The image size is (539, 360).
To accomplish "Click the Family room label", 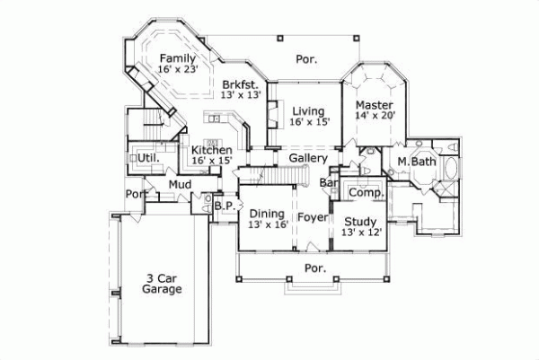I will [x=177, y=57].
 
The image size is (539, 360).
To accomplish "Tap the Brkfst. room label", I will [x=241, y=83].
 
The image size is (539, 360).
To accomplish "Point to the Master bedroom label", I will [x=375, y=104].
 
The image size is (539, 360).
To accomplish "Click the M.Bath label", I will [x=416, y=162].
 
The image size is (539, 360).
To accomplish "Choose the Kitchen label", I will [x=212, y=150].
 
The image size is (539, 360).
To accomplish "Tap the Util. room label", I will [x=148, y=158].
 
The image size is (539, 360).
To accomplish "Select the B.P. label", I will [x=224, y=206].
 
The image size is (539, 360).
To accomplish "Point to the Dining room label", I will [x=267, y=213].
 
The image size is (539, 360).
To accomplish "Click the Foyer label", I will [x=312, y=216].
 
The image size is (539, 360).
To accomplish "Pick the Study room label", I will [x=359, y=221].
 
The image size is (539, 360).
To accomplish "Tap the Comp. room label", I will [x=366, y=193].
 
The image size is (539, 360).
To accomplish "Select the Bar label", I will [x=329, y=182].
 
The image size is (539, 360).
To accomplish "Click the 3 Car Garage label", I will [x=162, y=283].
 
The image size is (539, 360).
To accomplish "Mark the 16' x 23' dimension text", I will [x=177, y=69].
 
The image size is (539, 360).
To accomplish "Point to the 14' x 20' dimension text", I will [x=375, y=116].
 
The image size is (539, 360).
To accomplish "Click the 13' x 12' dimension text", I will [x=359, y=233].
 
